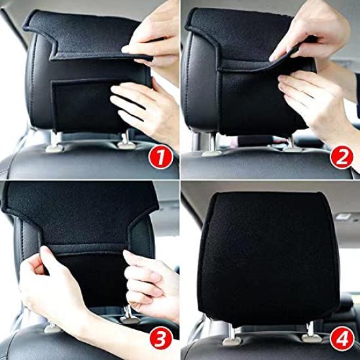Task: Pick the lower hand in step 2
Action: point(314,98)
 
